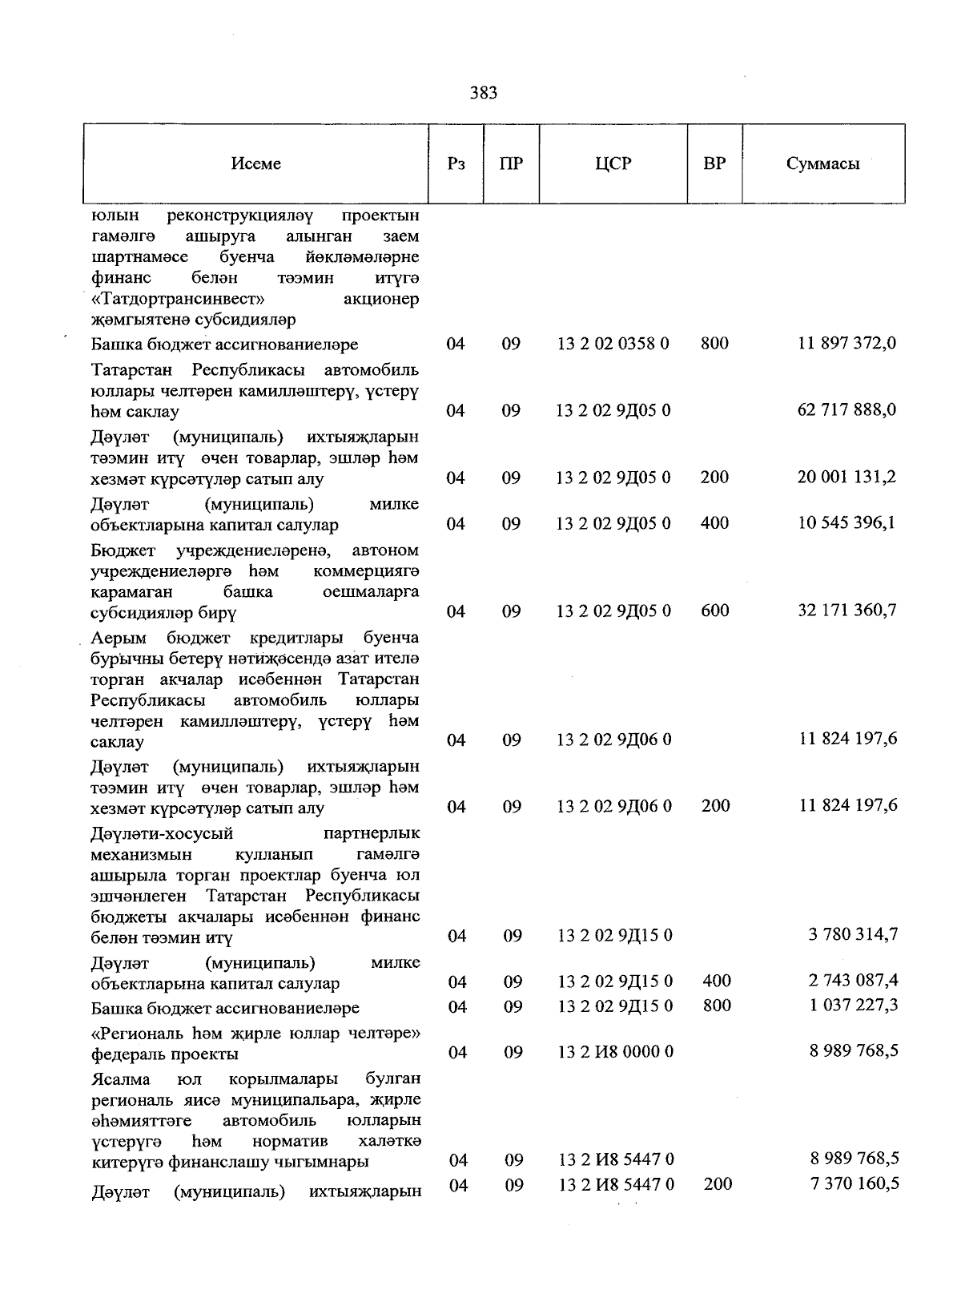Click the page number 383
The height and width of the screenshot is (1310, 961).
point(483,93)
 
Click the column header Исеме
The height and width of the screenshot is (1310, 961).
point(256,163)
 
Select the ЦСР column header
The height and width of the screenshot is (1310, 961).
point(613,163)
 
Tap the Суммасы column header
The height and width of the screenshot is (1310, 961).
point(822,163)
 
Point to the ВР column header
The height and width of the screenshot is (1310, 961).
point(714,163)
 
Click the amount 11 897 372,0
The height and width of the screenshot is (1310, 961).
point(847,344)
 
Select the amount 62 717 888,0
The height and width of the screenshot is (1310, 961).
point(847,410)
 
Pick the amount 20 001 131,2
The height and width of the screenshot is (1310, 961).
point(846,478)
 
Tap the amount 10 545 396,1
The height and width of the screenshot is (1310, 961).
point(846,523)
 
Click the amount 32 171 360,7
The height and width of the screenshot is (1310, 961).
point(846,611)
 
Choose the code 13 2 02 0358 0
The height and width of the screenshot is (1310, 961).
point(613,344)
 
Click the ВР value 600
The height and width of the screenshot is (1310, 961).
point(714,611)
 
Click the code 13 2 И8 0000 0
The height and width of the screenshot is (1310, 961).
point(615,1051)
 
